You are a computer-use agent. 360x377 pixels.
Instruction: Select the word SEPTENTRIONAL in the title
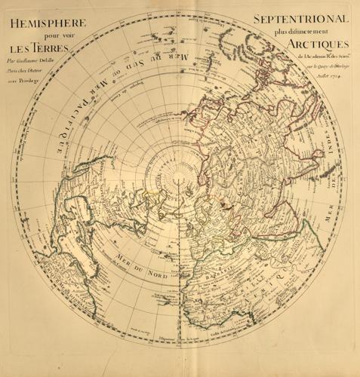[300, 18]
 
